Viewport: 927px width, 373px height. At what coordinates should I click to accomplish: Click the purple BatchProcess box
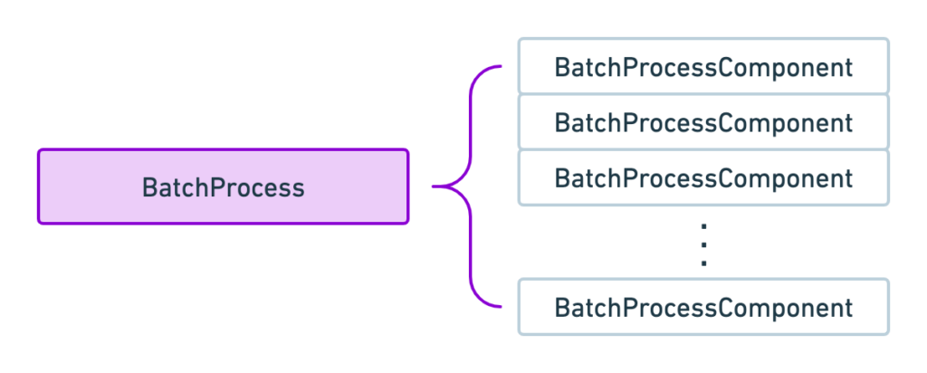click(x=223, y=187)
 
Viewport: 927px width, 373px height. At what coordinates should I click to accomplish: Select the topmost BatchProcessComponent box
click(x=702, y=67)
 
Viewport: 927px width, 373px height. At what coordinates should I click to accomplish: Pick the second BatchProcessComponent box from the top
click(x=702, y=122)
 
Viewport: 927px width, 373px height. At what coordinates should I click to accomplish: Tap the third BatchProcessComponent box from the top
click(x=702, y=177)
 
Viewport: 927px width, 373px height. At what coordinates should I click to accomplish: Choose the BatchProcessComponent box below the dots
click(x=702, y=307)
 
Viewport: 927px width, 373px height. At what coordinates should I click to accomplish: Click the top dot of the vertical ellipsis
click(x=702, y=225)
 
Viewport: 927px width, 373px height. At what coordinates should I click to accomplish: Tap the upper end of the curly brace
click(x=500, y=67)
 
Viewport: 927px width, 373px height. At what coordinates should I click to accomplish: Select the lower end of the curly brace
click(x=500, y=307)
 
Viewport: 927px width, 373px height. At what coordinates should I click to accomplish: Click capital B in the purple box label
click(x=149, y=188)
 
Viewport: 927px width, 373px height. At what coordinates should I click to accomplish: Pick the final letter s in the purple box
click(x=298, y=190)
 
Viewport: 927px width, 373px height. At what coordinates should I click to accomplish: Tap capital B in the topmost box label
click(x=561, y=68)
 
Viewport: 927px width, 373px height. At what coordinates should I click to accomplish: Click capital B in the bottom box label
click(x=561, y=308)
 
